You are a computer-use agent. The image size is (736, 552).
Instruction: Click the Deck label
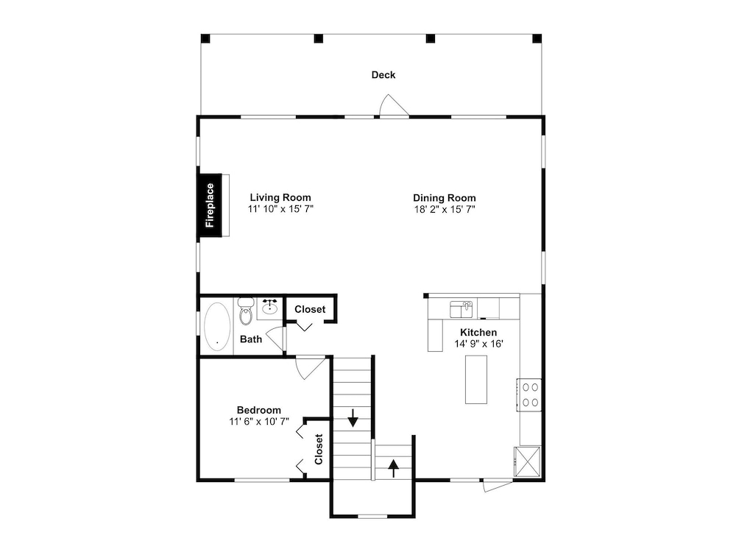383,74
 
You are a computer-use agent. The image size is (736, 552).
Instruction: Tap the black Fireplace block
209,205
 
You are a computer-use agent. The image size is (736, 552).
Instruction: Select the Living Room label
280,197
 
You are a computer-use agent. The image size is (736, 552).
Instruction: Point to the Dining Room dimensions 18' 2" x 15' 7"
445,209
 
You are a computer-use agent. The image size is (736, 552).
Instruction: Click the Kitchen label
478,333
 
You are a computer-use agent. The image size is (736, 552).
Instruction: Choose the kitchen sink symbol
461,309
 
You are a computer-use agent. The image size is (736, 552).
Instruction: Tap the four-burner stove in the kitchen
530,394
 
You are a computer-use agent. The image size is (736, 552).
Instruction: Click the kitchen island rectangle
476,379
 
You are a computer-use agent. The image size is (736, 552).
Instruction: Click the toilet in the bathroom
246,311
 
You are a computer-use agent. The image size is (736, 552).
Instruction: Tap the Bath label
251,339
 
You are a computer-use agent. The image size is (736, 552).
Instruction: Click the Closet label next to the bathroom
310,309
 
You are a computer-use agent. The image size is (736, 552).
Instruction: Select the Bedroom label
258,410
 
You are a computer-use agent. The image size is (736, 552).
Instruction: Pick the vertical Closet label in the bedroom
319,449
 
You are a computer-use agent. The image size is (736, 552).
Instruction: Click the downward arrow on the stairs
353,418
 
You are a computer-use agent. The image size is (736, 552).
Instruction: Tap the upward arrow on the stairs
393,468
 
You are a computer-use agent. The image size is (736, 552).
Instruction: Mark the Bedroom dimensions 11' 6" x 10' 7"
259,422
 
